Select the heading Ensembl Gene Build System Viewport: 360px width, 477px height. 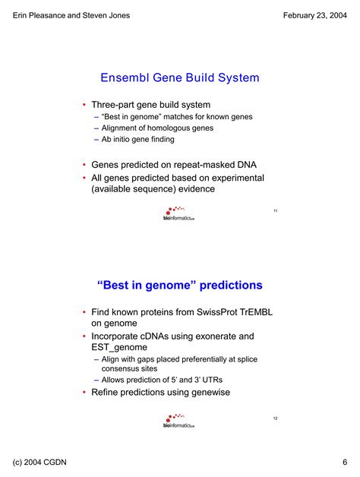(x=180, y=77)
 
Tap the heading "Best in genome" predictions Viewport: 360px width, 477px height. (x=180, y=286)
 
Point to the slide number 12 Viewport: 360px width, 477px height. (x=275, y=419)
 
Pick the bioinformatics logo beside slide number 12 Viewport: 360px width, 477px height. (x=178, y=422)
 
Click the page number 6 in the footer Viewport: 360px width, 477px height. (x=344, y=463)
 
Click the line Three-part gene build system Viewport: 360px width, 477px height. (x=151, y=104)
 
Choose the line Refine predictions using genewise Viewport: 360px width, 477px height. (x=160, y=392)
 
